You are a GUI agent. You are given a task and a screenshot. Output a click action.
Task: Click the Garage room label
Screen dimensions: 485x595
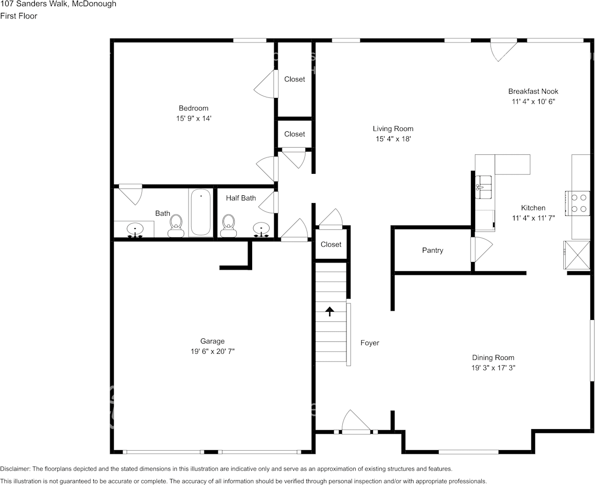pyautogui.click(x=212, y=341)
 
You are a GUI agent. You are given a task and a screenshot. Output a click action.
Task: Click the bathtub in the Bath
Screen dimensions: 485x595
pyautogui.click(x=201, y=213)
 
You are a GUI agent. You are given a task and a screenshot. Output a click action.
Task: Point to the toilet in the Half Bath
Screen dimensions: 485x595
pyautogui.click(x=228, y=226)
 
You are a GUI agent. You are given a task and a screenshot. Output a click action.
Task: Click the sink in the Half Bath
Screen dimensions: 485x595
pyautogui.click(x=261, y=229)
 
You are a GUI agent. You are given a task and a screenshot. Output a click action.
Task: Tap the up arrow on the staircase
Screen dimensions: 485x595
pyautogui.click(x=330, y=311)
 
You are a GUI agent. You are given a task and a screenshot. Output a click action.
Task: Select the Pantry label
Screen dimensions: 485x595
pyautogui.click(x=433, y=250)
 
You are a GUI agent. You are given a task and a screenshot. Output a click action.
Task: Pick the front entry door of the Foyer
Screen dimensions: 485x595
pyautogui.click(x=356, y=423)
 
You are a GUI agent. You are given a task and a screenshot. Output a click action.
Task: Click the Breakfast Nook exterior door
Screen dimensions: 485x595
pyautogui.click(x=503, y=49)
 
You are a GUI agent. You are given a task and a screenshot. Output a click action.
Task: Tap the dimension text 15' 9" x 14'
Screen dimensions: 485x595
pyautogui.click(x=193, y=118)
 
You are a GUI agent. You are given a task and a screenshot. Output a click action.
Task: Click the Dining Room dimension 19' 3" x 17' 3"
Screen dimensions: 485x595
pyautogui.click(x=493, y=368)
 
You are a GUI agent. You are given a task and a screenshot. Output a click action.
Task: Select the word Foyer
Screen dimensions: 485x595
pyautogui.click(x=370, y=343)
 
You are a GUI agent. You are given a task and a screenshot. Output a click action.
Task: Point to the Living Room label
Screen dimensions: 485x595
pyautogui.click(x=393, y=129)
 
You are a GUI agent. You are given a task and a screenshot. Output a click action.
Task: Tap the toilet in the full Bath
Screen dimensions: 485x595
pyautogui.click(x=176, y=226)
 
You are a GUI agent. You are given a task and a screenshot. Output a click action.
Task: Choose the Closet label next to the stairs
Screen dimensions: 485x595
pyautogui.click(x=331, y=244)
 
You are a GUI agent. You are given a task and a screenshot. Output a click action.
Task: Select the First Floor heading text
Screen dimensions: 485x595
pyautogui.click(x=19, y=16)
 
